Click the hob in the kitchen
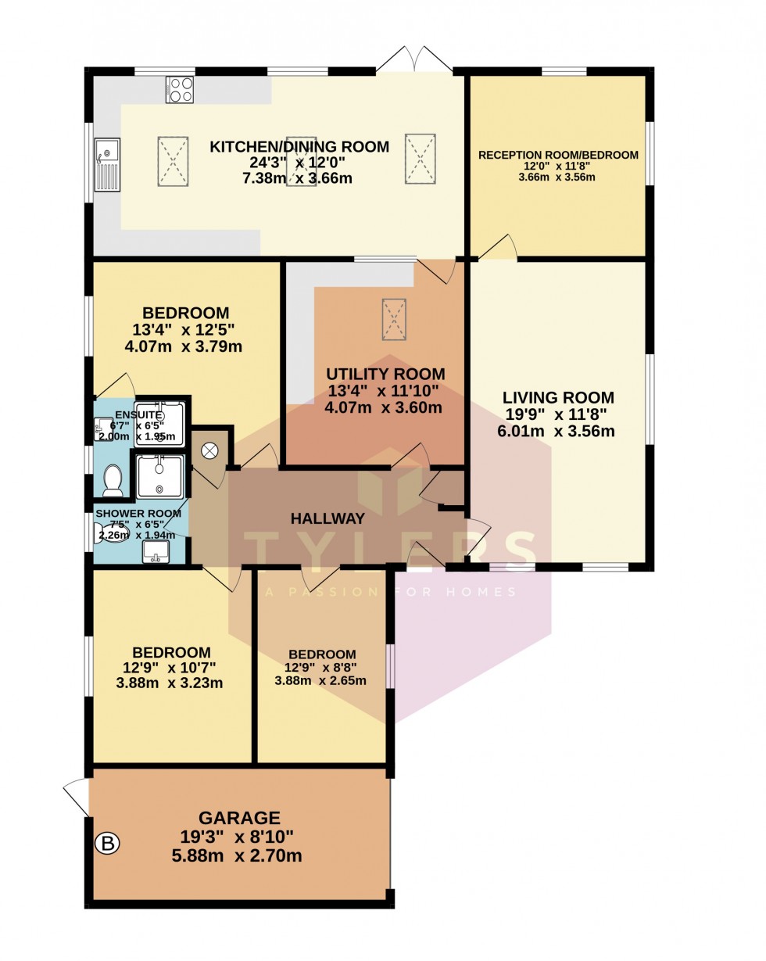[x=179, y=90]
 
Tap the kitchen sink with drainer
[x=106, y=164]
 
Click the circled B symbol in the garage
[x=108, y=844]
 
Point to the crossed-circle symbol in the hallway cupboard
[x=210, y=450]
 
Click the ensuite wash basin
[x=103, y=429]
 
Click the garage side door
[x=77, y=798]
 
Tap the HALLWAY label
[x=328, y=518]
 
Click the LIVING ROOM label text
[x=558, y=397]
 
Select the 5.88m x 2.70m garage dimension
[x=237, y=855]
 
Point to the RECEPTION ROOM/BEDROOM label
[x=558, y=155]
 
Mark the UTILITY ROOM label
[x=385, y=374]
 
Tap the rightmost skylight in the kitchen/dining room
[x=420, y=159]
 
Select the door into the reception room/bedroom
[x=498, y=248]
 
